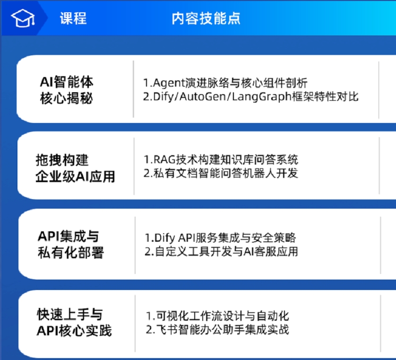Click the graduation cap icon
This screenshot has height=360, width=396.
tap(23, 18)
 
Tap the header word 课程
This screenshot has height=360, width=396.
tap(73, 18)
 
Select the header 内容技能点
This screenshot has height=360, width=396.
tap(206, 18)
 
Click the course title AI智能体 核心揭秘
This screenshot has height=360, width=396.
tap(67, 90)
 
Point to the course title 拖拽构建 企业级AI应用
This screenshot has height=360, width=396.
tap(75, 168)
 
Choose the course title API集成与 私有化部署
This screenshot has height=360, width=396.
tap(71, 244)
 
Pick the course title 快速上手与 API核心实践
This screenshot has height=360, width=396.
tap(74, 322)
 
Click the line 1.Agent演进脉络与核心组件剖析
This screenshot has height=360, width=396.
tap(225, 83)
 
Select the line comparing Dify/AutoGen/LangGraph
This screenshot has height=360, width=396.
tap(251, 97)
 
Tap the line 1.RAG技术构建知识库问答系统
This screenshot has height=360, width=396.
tap(221, 159)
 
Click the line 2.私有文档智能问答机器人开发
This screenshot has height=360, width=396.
tap(221, 173)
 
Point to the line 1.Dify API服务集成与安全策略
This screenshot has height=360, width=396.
tap(220, 237)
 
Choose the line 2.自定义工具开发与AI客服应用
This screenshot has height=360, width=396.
tap(222, 251)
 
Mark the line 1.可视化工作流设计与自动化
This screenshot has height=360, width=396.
tap(217, 316)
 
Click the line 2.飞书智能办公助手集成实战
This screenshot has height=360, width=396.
tap(217, 330)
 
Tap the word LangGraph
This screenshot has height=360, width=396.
tap(262, 97)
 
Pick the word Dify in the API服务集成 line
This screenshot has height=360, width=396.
tap(164, 238)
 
